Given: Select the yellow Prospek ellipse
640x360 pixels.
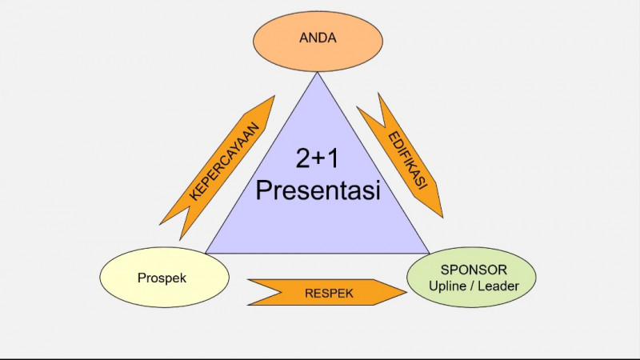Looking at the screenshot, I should coord(165,278).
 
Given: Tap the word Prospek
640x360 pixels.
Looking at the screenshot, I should coord(162,278).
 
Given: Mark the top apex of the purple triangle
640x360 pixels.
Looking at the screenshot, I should coord(318,73).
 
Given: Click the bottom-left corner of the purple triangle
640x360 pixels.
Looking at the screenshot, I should coord(206,254).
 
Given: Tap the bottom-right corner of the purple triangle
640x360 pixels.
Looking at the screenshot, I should coord(430,254).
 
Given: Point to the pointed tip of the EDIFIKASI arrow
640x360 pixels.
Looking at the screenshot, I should coord(442,216).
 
